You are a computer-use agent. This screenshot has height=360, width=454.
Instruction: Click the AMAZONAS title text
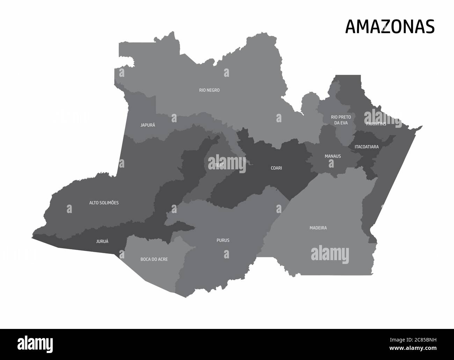(x=390, y=27)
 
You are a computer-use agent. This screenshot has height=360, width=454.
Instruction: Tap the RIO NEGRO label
(x=209, y=90)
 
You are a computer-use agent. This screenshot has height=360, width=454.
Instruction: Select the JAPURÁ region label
(x=148, y=125)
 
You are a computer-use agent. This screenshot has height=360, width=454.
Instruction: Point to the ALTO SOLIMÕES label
(x=104, y=203)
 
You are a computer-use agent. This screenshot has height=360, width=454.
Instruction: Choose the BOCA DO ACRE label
(x=154, y=259)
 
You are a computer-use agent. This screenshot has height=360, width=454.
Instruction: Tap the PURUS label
(x=223, y=240)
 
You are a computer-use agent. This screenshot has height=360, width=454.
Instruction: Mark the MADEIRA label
(x=318, y=228)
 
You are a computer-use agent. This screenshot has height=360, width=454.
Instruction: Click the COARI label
(x=276, y=168)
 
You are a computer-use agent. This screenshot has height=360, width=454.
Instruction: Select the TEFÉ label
(x=219, y=165)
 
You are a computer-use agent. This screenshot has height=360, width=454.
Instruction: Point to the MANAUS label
(x=332, y=156)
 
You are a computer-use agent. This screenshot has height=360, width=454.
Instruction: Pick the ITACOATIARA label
(x=366, y=147)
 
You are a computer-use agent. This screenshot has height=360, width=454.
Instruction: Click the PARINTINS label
(x=376, y=124)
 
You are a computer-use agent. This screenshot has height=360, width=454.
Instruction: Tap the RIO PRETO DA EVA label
(x=341, y=120)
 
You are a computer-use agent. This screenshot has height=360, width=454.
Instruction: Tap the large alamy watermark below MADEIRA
(x=330, y=254)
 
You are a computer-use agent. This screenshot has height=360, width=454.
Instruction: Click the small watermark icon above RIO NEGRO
(x=227, y=73)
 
